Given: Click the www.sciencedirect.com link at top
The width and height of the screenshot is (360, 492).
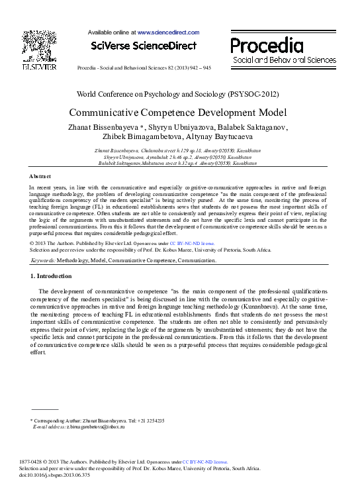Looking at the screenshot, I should coord(168,32).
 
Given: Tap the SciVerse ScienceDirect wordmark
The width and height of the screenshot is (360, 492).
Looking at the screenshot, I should coord(144,46).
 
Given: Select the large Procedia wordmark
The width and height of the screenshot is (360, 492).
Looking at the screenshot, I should coord(267,45).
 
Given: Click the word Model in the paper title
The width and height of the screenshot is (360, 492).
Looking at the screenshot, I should coord(267,112).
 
